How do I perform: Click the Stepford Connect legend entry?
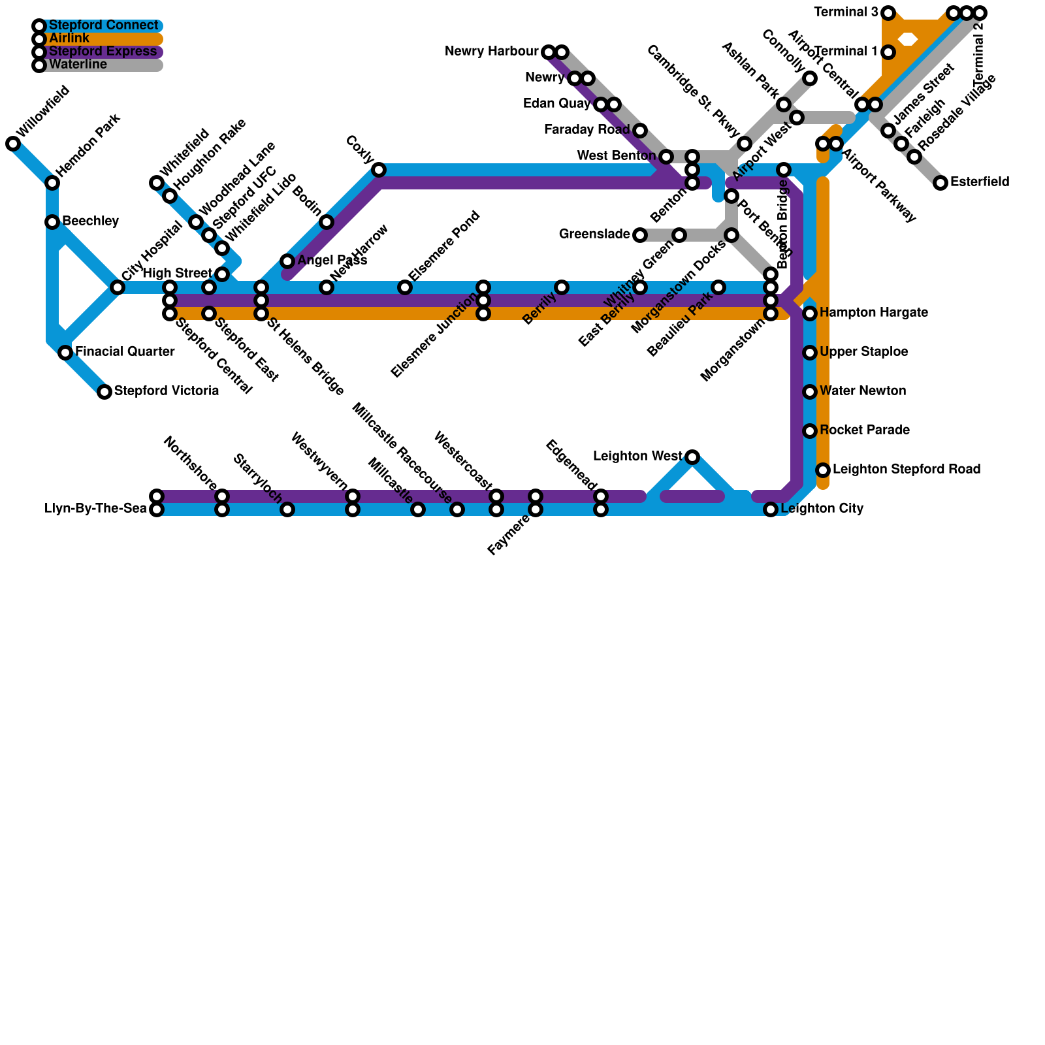(x=103, y=26)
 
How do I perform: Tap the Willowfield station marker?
(x=13, y=144)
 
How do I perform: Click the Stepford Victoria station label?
(x=166, y=391)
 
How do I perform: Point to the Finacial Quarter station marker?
(x=65, y=353)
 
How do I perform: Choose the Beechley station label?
(x=90, y=221)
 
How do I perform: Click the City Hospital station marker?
(x=118, y=287)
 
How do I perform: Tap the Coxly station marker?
(x=379, y=170)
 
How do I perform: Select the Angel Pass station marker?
(x=287, y=261)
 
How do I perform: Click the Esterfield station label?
(x=980, y=182)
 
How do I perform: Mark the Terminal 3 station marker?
(x=888, y=13)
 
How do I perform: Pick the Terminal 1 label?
(x=846, y=52)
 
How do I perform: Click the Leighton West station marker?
(x=692, y=457)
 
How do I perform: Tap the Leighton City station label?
(x=822, y=509)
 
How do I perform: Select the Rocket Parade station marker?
(x=810, y=431)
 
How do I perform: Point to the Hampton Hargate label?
(x=873, y=313)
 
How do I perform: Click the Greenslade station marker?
(x=640, y=235)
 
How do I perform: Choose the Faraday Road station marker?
(x=640, y=131)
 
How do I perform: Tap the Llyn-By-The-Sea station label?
(x=95, y=509)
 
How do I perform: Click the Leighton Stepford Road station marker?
(x=823, y=470)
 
